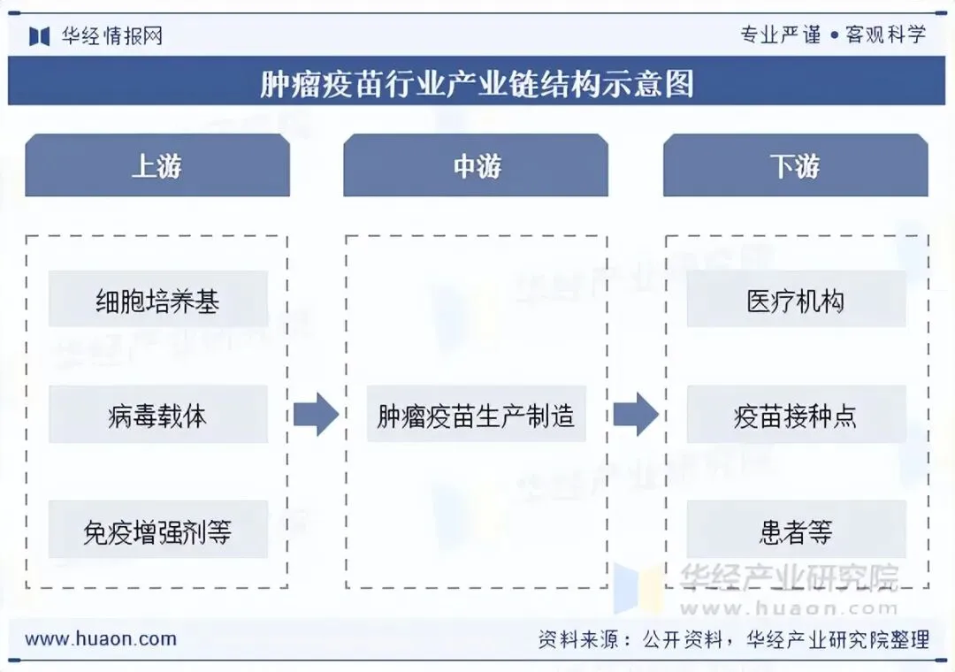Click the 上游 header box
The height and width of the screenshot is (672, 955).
click(157, 165)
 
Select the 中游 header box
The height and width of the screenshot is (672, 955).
click(476, 165)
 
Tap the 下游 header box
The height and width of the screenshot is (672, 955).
click(795, 165)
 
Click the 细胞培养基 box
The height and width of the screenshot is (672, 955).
click(157, 302)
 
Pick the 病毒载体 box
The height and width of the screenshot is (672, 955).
click(157, 416)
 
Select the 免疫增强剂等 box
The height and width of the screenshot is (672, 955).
click(157, 531)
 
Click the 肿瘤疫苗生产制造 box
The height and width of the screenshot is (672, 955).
click(476, 416)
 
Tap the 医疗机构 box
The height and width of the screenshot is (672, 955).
click(795, 302)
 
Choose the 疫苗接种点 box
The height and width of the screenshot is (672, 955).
click(795, 416)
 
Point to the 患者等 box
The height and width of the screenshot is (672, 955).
click(795, 531)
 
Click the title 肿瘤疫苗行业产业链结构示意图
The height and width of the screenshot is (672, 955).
click(477, 83)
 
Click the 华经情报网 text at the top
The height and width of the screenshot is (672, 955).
click(111, 36)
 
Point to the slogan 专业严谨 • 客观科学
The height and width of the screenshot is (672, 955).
click(833, 35)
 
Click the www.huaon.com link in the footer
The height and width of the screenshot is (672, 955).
click(100, 638)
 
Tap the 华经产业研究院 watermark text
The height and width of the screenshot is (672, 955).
click(789, 577)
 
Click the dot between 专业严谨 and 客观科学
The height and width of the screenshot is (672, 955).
click(833, 36)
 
